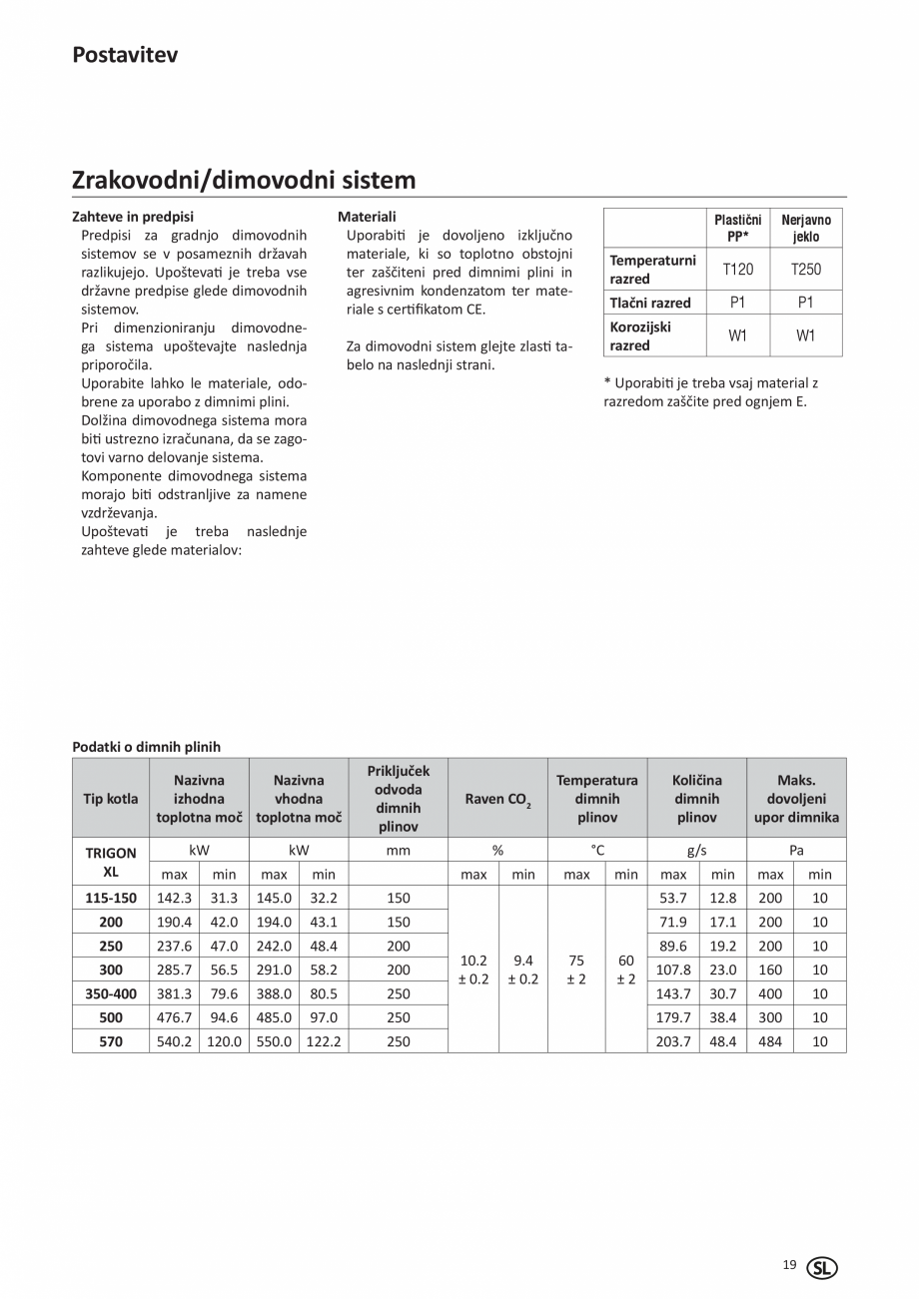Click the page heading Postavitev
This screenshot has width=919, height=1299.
125,55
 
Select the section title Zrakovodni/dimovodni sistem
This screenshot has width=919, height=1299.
244,180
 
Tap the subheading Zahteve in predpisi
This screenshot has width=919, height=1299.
133,216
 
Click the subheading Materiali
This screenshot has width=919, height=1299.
367,216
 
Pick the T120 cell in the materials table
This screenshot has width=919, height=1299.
737,270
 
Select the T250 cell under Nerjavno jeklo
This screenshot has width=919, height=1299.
805,270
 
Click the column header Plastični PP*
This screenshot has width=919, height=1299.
737,228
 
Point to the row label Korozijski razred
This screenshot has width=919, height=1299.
640,335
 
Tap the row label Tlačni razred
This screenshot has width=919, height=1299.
650,303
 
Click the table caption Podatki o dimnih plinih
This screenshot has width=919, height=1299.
147,746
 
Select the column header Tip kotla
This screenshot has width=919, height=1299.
110,798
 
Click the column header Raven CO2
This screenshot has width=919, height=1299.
496,799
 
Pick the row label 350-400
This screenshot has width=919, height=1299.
110,993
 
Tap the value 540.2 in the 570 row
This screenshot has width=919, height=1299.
174,1041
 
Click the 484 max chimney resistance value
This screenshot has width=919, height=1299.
770,1041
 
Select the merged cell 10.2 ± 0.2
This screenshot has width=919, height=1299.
472,970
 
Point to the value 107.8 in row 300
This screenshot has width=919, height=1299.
673,970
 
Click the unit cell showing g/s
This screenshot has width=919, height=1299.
696,850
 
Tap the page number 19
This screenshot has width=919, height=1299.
789,1265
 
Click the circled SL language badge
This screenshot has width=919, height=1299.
821,1268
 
